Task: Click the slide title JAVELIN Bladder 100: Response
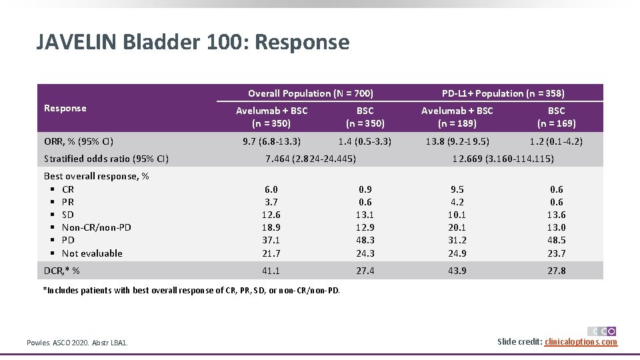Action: (x=193, y=43)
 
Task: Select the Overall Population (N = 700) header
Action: (x=310, y=93)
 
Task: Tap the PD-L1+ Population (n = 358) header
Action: (x=503, y=93)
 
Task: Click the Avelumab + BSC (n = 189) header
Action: (x=457, y=117)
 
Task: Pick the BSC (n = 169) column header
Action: (x=556, y=117)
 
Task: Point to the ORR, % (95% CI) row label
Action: (x=79, y=141)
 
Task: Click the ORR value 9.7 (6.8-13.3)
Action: (x=271, y=141)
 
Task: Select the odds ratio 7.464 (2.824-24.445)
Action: (x=311, y=159)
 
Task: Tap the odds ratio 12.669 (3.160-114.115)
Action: (x=503, y=159)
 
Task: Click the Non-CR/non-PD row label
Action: (x=96, y=227)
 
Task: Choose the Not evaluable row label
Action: (x=92, y=253)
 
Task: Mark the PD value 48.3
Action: (x=365, y=240)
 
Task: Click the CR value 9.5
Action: (x=457, y=189)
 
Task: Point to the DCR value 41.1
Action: (x=271, y=271)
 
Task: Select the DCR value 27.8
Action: (x=556, y=271)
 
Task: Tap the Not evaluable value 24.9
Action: (x=457, y=253)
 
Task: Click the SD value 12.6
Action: (x=271, y=215)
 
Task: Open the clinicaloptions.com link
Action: (x=581, y=342)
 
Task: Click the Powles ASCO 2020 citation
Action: (x=77, y=343)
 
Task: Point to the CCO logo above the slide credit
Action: (x=601, y=331)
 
